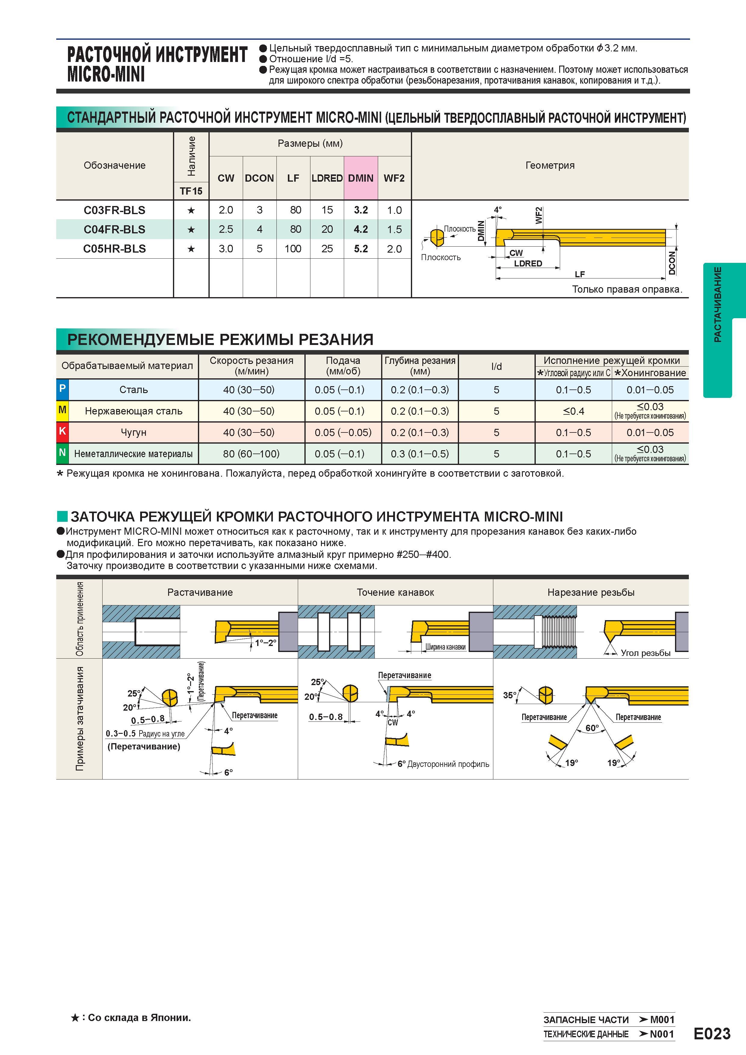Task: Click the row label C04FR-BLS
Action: point(114,229)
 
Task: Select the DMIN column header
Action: point(361,178)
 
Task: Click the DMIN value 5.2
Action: point(361,249)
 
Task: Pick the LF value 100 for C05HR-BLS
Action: point(293,249)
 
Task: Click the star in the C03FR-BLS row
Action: point(191,211)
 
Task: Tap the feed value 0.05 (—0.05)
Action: point(343,432)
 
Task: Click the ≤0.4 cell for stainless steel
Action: point(574,411)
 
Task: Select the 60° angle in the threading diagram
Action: point(592,728)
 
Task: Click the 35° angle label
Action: point(509,695)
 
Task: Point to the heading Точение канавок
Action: point(395,592)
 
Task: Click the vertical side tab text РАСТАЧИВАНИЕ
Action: point(717,304)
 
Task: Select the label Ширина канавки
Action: point(445,647)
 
